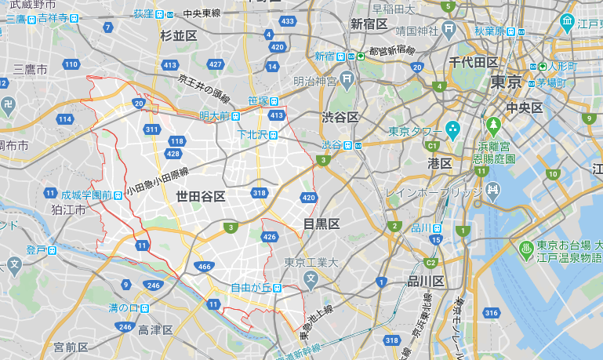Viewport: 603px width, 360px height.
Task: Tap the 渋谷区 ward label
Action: tap(340, 117)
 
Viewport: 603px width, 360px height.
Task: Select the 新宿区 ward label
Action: tap(369, 24)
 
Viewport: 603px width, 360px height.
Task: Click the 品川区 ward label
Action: tap(427, 282)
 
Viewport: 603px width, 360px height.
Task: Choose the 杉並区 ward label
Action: tap(178, 36)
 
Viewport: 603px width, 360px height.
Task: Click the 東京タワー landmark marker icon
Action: tap(452, 128)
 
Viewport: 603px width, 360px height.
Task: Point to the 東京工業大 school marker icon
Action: tap(311, 278)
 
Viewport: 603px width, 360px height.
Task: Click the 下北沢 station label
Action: tap(254, 135)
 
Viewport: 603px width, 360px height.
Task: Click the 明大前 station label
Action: tap(214, 116)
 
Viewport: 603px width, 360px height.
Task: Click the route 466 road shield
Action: tap(204, 267)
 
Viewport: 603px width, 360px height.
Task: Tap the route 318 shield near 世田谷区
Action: tap(257, 193)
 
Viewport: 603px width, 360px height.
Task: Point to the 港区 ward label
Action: tap(439, 163)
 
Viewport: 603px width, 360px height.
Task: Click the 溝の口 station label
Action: tap(123, 307)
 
